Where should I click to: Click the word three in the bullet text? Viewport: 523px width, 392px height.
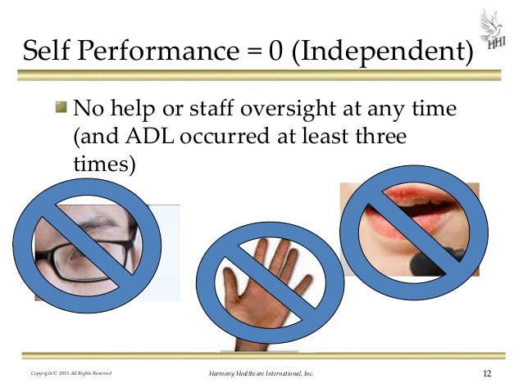coord(374,136)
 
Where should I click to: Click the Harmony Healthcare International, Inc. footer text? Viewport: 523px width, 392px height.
coord(261,374)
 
